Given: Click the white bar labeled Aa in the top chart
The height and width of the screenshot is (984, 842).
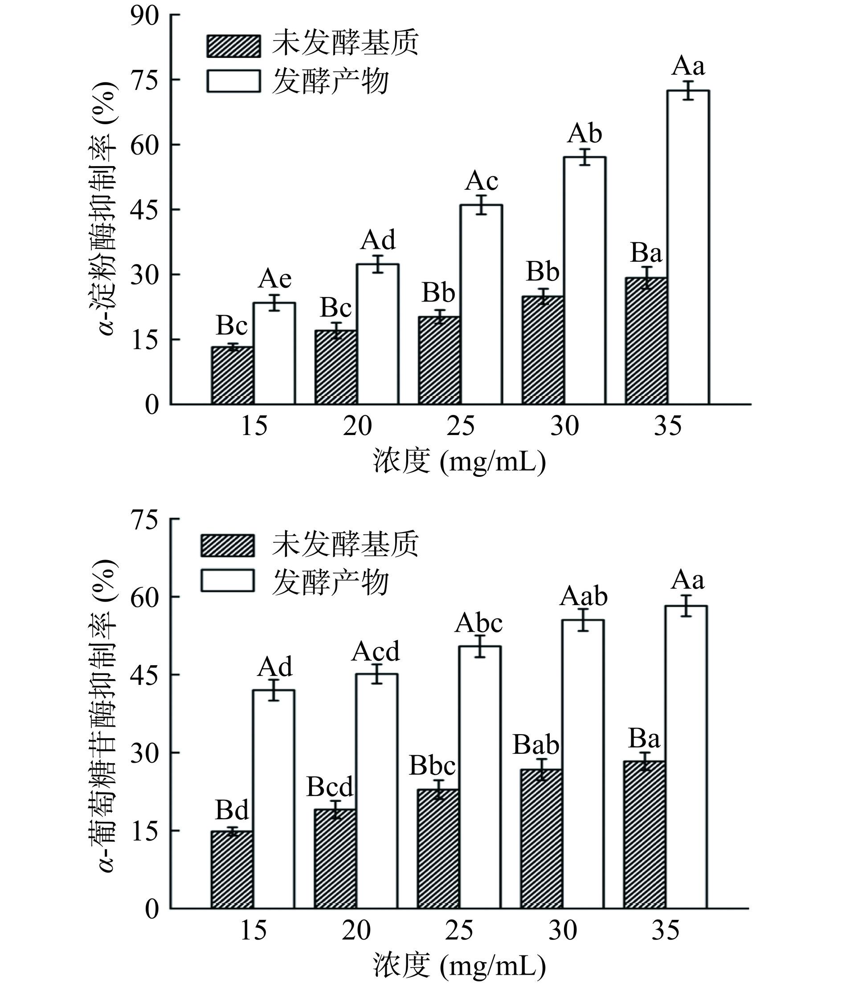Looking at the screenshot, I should coord(687,247).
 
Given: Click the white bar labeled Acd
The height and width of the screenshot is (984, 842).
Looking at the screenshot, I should coord(377,791).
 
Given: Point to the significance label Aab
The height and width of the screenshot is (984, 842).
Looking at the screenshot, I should coord(584,597).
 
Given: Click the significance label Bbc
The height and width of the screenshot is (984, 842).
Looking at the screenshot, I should coord(433,765).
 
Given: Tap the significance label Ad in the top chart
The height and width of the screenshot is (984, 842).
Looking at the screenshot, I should coord(378,240).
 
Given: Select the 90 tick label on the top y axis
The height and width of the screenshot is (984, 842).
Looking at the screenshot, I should coord(145,16).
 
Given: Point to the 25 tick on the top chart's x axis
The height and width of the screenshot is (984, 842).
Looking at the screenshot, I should coord(461,426).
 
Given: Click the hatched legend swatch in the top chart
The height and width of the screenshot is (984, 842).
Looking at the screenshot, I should coord(233,46).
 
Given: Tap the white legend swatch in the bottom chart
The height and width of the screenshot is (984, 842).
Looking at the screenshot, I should coord(227,580).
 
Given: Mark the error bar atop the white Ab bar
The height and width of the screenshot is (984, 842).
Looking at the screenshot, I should coord(584,157).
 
